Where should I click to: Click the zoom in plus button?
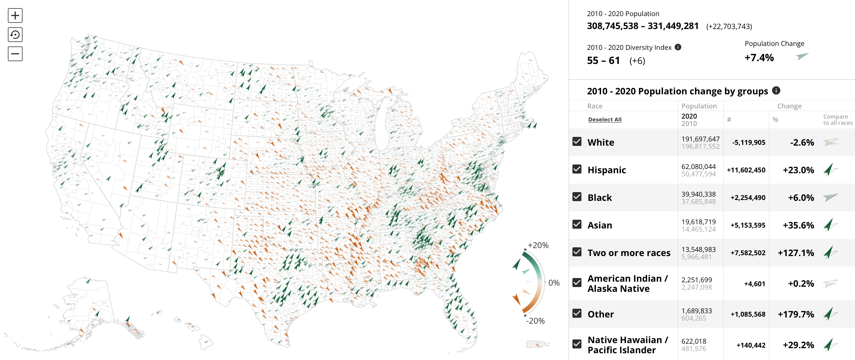pos(15,15)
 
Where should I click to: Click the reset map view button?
pos(15,35)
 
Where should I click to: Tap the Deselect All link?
pos(605,119)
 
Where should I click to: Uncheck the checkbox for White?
pos(577,142)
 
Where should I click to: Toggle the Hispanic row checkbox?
pos(577,169)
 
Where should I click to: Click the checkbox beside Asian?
pos(577,225)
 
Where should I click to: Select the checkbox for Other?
pos(577,314)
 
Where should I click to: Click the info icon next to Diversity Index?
pos(678,47)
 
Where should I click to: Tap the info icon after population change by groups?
pos(776,90)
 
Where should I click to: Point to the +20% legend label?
pos(538,245)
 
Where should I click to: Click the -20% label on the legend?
pos(535,321)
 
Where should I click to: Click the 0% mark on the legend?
pos(554,283)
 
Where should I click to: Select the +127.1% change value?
pos(796,253)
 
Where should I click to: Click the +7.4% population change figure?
pos(759,58)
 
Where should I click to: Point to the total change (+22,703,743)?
pos(729,26)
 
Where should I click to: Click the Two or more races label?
pos(629,253)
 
